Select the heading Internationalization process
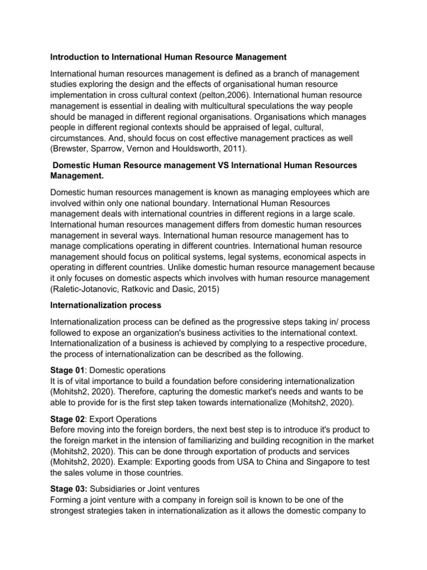106,306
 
